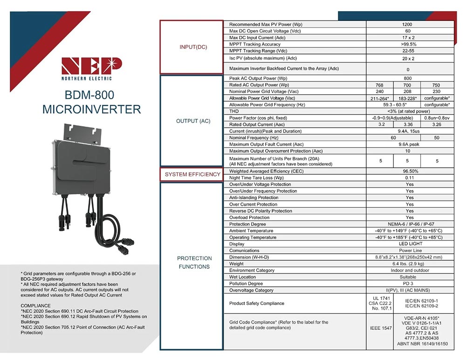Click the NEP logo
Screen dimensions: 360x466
[91, 68]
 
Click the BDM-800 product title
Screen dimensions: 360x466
[91, 95]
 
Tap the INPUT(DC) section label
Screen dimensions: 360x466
[193, 47]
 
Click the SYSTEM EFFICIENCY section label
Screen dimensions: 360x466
[192, 174]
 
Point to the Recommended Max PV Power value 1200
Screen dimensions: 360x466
[410, 24]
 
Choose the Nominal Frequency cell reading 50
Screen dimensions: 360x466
[437, 138]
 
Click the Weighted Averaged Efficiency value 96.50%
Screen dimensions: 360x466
[410, 171]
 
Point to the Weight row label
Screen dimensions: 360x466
[237, 264]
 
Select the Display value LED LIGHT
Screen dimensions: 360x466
[410, 244]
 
